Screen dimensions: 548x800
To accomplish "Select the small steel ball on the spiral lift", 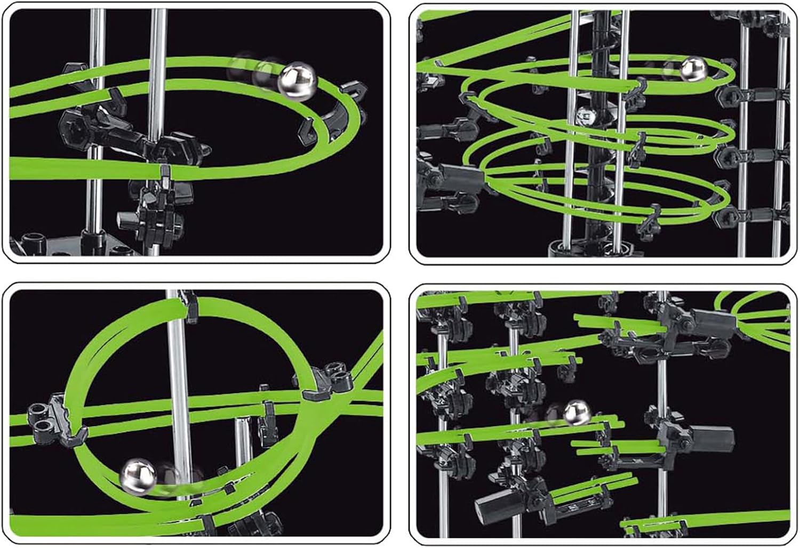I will (x=584, y=115).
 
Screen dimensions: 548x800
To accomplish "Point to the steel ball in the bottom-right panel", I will (x=575, y=413).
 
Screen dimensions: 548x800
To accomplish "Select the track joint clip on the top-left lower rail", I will (x=165, y=172).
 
